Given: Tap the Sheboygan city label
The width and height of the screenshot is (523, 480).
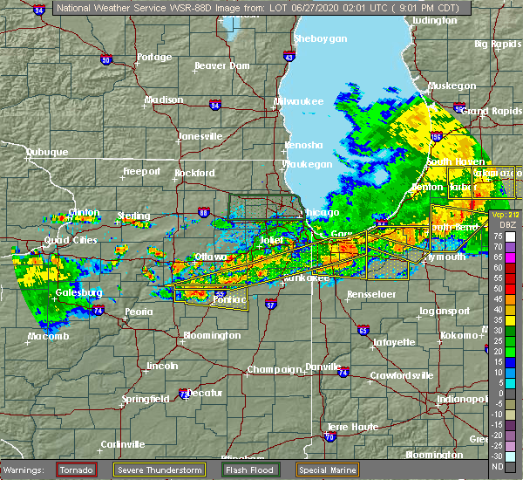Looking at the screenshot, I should click(x=320, y=39).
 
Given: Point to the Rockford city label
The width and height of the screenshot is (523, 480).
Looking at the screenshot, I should click(x=194, y=173).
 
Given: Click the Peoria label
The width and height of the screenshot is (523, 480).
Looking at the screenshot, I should click(x=145, y=312).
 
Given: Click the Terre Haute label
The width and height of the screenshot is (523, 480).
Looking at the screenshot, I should click(x=349, y=427).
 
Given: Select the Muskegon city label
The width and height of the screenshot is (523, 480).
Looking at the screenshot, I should click(x=452, y=86).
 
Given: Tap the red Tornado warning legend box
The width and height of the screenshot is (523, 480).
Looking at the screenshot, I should click(x=76, y=470).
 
